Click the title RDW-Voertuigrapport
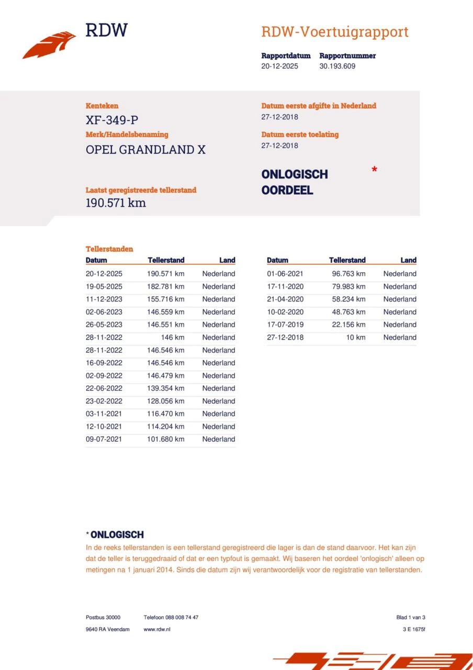click(334, 32)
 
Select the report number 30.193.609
click(337, 66)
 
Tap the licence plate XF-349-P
click(112, 120)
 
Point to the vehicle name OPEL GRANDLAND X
click(145, 150)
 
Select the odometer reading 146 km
click(172, 338)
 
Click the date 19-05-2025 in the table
click(104, 287)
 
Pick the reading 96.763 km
click(348, 274)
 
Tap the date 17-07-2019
click(285, 325)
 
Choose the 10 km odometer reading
click(355, 338)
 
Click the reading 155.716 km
click(165, 299)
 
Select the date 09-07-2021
click(104, 440)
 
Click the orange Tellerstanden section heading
click(109, 249)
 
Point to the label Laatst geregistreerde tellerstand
click(141, 191)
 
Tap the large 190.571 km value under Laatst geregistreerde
click(116, 203)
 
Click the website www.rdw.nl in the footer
click(157, 629)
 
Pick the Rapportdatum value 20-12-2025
click(279, 66)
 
